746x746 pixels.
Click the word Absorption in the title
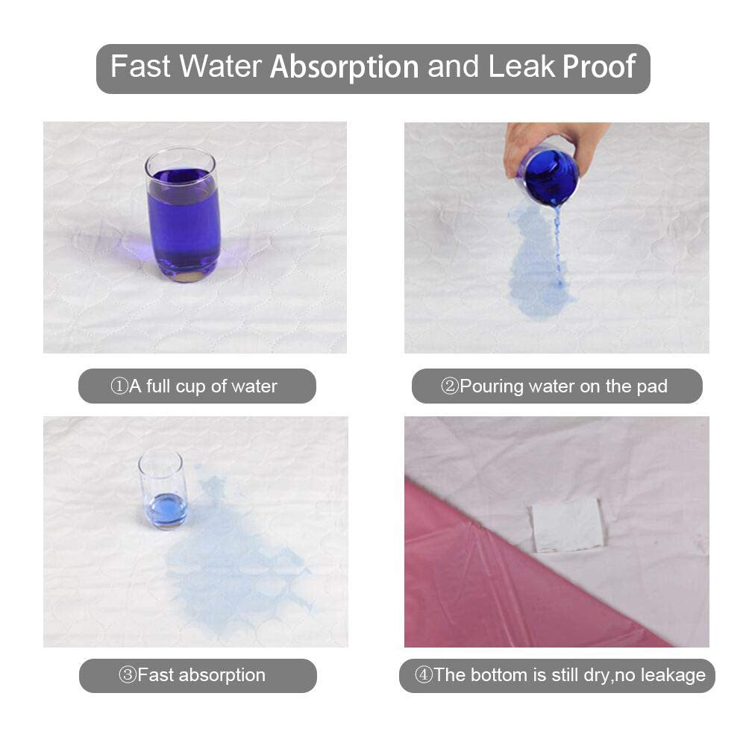tap(345, 66)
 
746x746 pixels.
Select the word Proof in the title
tap(599, 66)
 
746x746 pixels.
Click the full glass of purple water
tap(184, 215)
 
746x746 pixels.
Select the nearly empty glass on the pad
tap(162, 489)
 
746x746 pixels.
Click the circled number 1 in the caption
tap(119, 386)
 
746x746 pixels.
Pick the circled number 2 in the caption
tap(449, 386)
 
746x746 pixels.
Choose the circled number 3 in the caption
tap(128, 674)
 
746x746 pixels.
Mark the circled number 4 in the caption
tap(424, 674)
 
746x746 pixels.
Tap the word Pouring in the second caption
tap(492, 386)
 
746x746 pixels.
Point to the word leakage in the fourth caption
tap(673, 676)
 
